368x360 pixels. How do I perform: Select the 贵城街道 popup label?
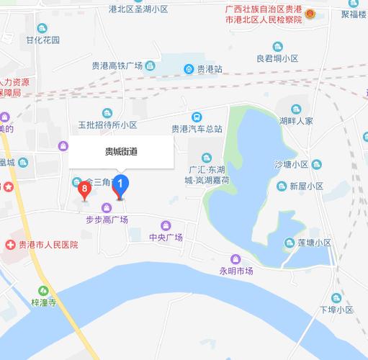tap(121, 151)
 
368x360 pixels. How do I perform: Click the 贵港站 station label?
tap(209, 70)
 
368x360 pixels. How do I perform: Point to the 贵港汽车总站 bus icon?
tap(197, 117)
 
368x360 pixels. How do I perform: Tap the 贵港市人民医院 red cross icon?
tap(10, 245)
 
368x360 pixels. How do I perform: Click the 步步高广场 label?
tap(107, 220)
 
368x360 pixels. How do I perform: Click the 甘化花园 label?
tap(42, 40)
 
